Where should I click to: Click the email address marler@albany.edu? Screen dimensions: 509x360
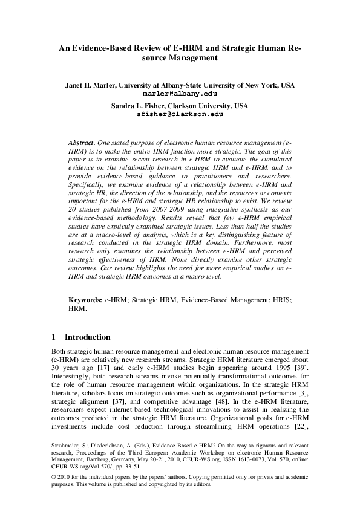click(180, 94)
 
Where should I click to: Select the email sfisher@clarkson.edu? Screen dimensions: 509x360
click(180, 113)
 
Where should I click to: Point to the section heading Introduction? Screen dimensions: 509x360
click(87, 337)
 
